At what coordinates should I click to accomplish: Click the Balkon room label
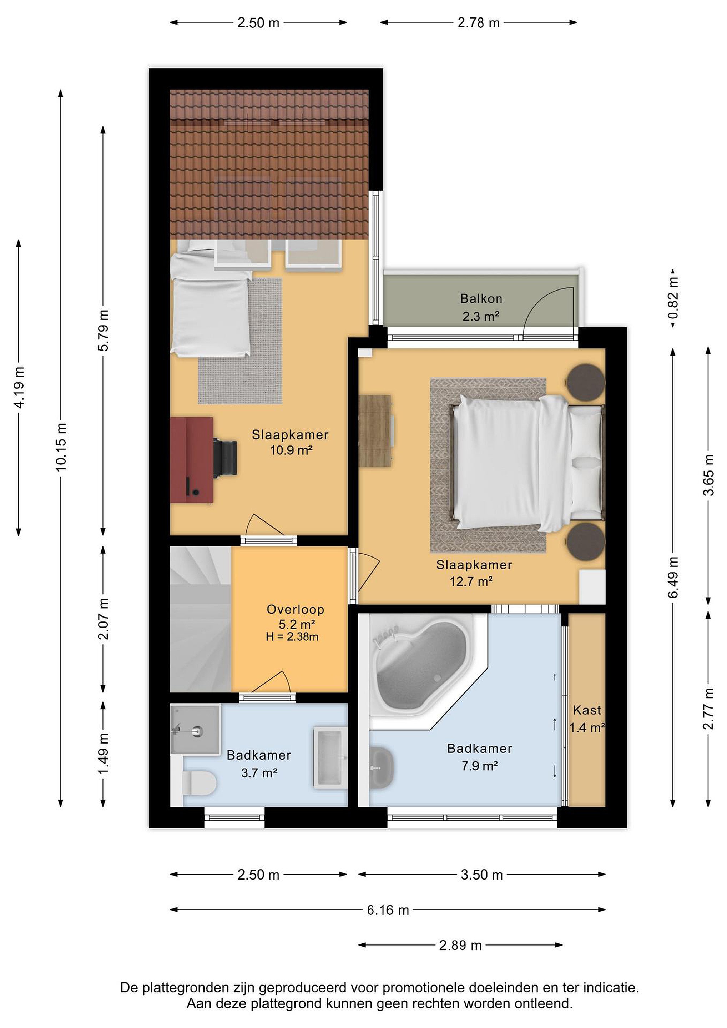pyautogui.click(x=481, y=299)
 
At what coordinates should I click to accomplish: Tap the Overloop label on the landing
pyautogui.click(x=296, y=609)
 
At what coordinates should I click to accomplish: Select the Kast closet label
pyautogui.click(x=587, y=710)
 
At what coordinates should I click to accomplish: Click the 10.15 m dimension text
pyautogui.click(x=61, y=447)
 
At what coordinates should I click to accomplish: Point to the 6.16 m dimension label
pyautogui.click(x=388, y=910)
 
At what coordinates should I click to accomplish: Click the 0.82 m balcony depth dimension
pyautogui.click(x=673, y=298)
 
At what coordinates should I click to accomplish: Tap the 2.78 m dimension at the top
pyautogui.click(x=478, y=23)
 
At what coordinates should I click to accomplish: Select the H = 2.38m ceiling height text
pyautogui.click(x=292, y=637)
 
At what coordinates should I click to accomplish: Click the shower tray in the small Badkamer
pyautogui.click(x=196, y=729)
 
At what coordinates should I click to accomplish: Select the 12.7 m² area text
pyautogui.click(x=471, y=581)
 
